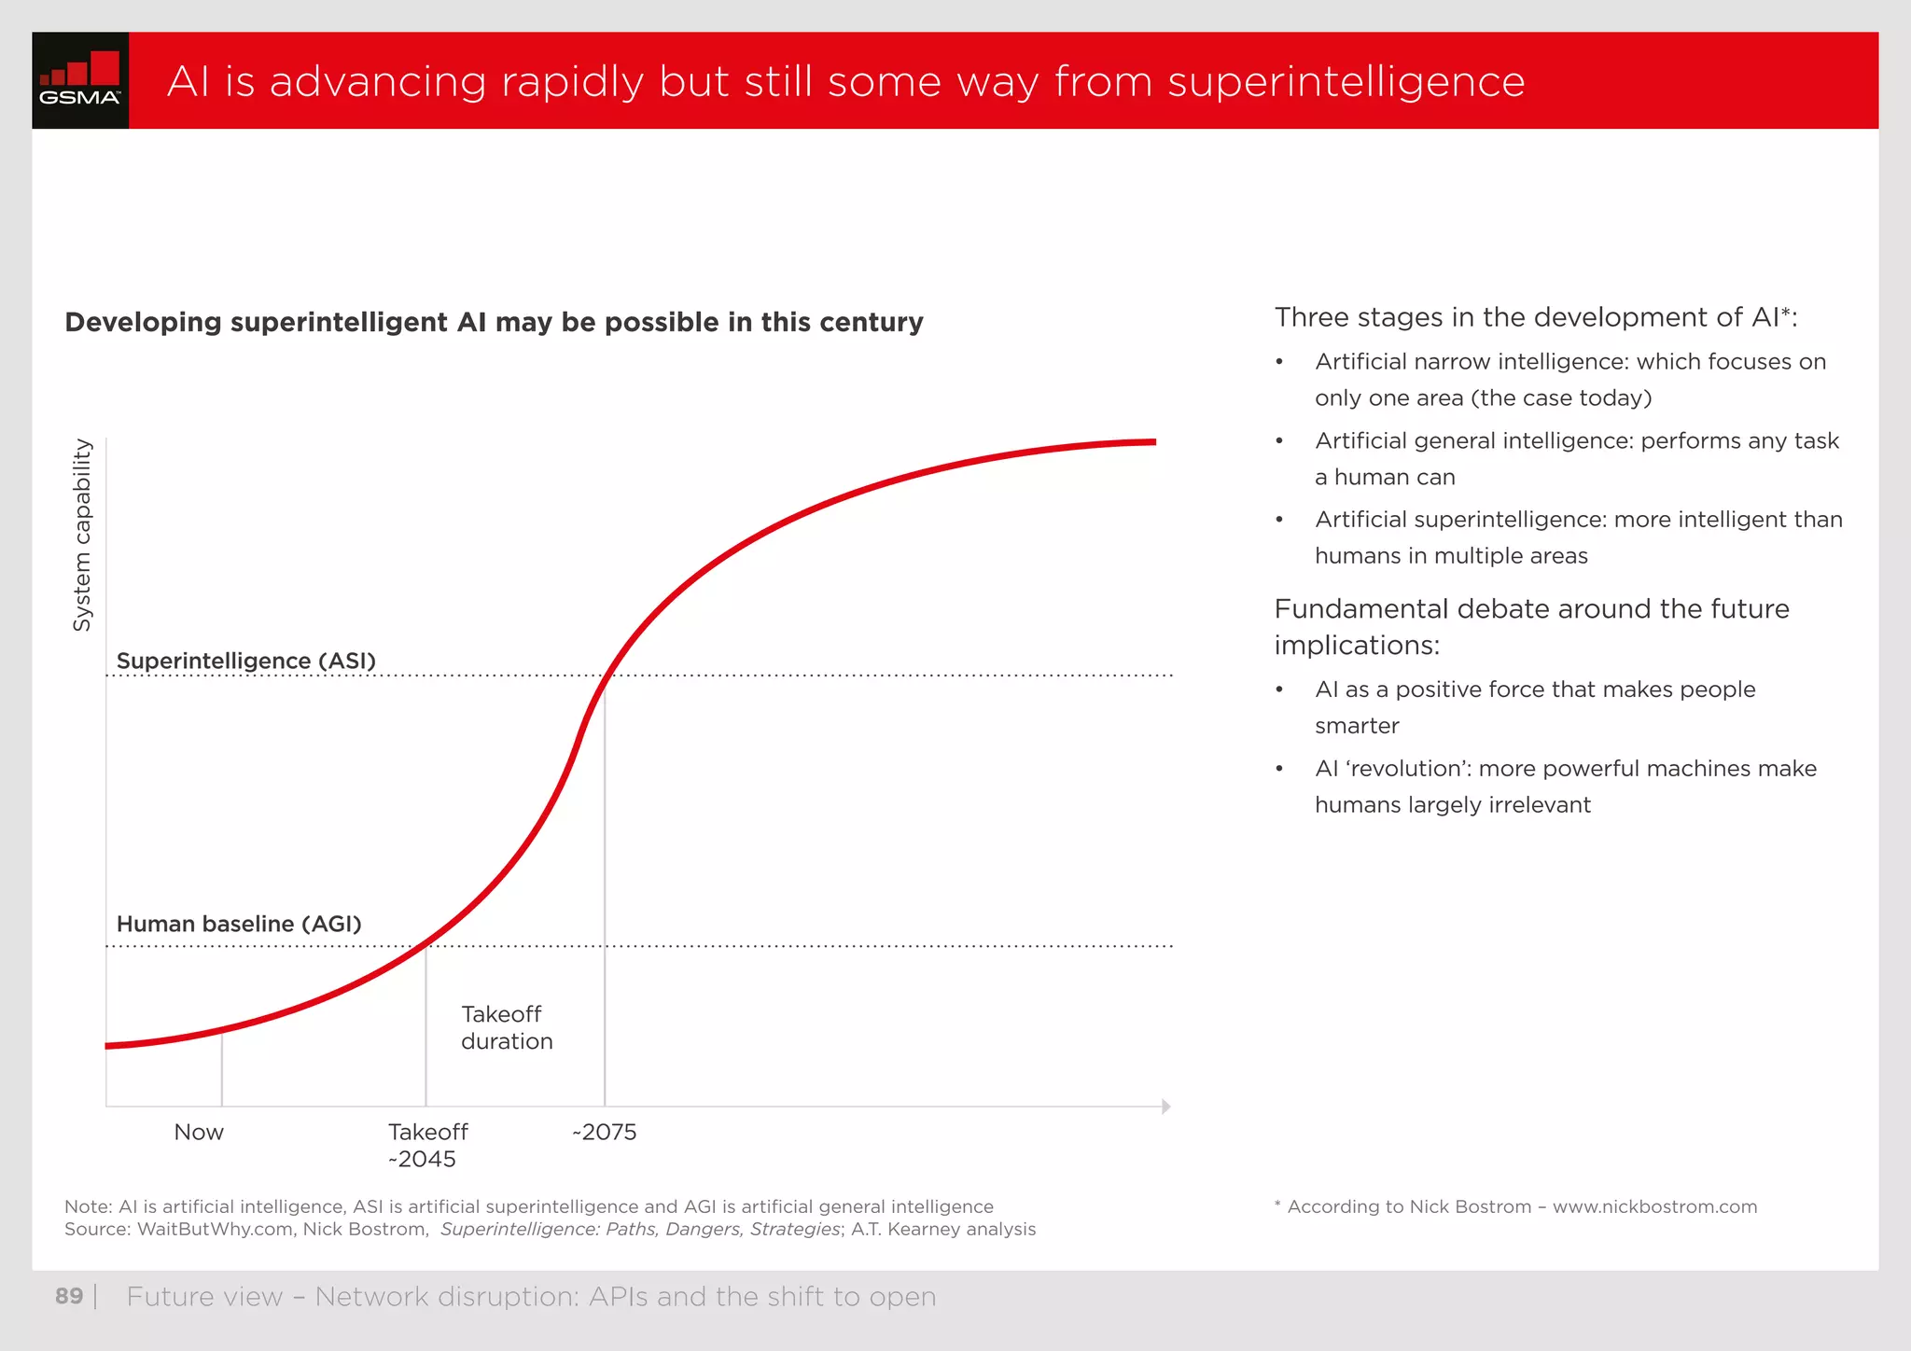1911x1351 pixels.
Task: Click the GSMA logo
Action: [x=80, y=80]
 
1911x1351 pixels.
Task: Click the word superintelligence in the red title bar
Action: [x=1346, y=82]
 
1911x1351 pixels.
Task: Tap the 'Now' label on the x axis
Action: [x=199, y=1132]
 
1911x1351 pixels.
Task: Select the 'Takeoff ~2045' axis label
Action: [x=426, y=1145]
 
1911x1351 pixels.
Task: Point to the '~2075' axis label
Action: [x=605, y=1132]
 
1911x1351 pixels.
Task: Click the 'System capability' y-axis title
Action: [x=82, y=535]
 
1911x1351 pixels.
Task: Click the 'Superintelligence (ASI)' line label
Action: [x=245, y=661]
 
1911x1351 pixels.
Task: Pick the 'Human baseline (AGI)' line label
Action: [x=239, y=924]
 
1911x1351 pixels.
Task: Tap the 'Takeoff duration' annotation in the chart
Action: [x=506, y=1027]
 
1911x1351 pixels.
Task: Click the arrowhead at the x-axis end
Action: [x=1165, y=1107]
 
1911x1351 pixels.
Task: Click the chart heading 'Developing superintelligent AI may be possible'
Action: [x=494, y=322]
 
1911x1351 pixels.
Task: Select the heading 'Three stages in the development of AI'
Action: [x=1535, y=317]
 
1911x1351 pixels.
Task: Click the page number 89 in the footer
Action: [x=69, y=1296]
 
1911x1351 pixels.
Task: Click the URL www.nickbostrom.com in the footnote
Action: [x=1654, y=1206]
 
